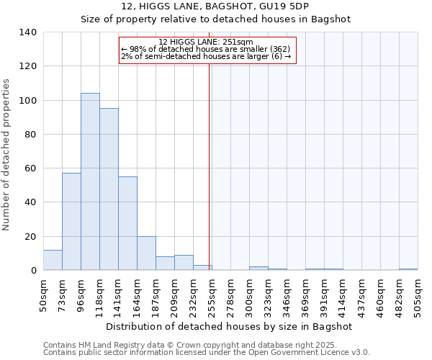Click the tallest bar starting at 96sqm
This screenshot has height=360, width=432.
click(90, 181)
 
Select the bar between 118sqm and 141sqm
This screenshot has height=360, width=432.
click(109, 189)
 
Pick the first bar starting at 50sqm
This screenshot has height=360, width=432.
click(53, 260)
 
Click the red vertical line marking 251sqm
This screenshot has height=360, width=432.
click(210, 166)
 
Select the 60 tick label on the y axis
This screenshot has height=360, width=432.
click(31, 168)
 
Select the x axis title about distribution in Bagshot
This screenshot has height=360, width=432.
click(228, 326)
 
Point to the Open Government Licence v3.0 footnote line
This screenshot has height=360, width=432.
click(207, 352)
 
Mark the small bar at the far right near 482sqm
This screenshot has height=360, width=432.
click(408, 269)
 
